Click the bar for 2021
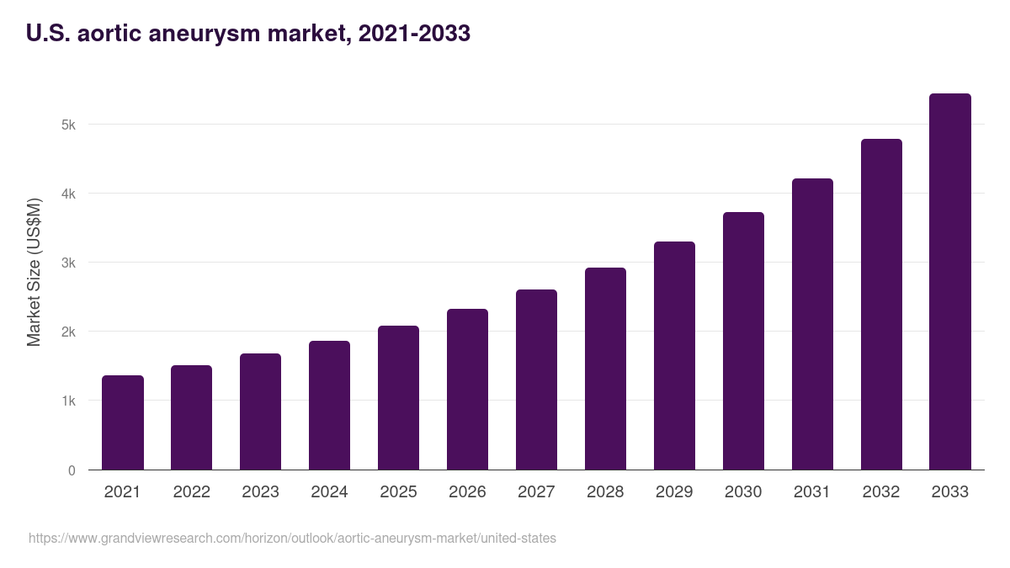click(123, 422)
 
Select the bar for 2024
click(329, 406)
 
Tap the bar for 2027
click(536, 380)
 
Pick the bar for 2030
click(743, 341)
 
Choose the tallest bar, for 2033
click(950, 282)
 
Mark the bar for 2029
click(674, 356)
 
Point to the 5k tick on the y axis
click(68, 125)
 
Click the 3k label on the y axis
click(68, 263)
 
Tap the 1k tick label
click(68, 401)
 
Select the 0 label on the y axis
click(72, 470)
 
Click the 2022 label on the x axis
click(191, 492)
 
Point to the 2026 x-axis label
click(467, 492)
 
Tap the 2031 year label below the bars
click(812, 492)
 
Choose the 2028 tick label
click(605, 492)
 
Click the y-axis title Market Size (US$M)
click(34, 273)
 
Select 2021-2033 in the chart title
click(414, 34)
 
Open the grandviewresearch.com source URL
click(292, 538)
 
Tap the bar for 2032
click(881, 305)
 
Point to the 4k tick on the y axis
click(68, 194)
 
